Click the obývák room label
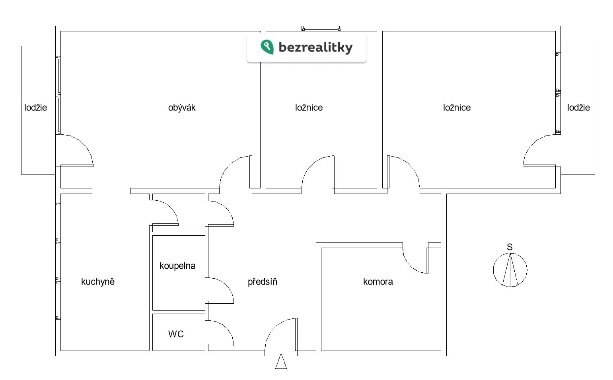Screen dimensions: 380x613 (x=182, y=108)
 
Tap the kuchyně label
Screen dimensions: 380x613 (x=98, y=282)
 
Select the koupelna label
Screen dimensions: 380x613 (x=177, y=266)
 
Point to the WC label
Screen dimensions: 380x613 (x=176, y=334)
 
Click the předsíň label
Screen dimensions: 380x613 (x=263, y=282)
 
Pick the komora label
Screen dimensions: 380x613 (x=378, y=282)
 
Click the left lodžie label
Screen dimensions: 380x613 (x=36, y=108)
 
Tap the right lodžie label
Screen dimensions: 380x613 (x=578, y=108)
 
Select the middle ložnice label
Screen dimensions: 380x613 (x=309, y=108)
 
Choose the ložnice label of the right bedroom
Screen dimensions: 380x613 (x=457, y=108)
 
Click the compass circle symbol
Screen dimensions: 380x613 (x=510, y=270)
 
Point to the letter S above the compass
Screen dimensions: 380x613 (x=510, y=247)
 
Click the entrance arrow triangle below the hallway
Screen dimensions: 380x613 (x=281, y=362)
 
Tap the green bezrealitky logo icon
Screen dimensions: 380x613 (x=267, y=47)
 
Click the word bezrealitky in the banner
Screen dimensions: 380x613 (x=315, y=47)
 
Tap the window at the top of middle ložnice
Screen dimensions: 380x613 (x=321, y=29)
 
